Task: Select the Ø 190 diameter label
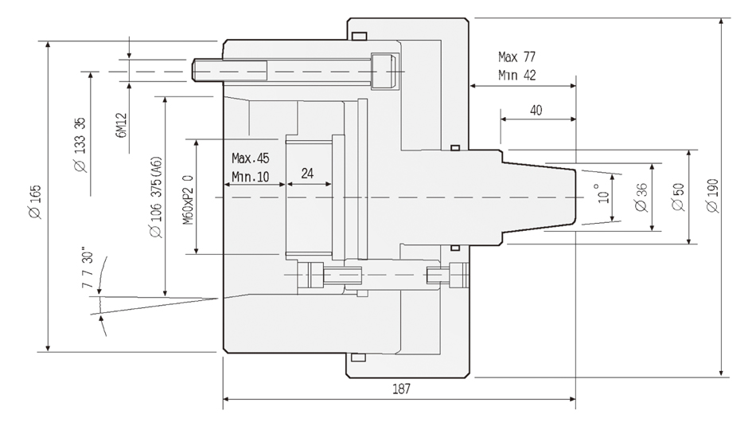[x=712, y=196]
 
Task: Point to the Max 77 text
[x=517, y=57]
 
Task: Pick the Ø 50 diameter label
[x=677, y=196]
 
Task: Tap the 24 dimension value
[x=309, y=173]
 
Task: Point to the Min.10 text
[x=250, y=176]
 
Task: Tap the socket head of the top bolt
[x=384, y=71]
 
